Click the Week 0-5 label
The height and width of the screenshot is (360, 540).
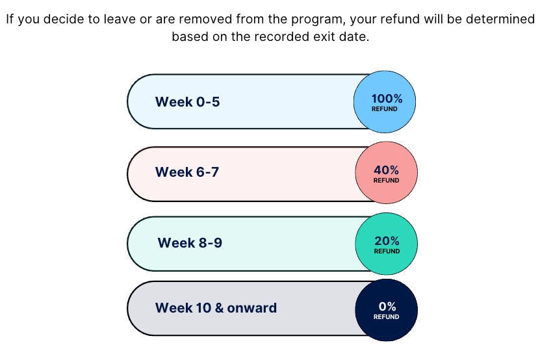click(x=187, y=102)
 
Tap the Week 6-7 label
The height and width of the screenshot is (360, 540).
click(x=187, y=172)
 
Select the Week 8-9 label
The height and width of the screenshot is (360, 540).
click(x=190, y=243)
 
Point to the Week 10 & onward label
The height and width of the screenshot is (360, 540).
click(x=216, y=308)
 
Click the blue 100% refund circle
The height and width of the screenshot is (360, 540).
click(x=384, y=102)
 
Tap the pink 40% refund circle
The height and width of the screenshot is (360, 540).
click(x=387, y=173)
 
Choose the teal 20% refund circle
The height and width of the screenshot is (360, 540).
click(x=387, y=244)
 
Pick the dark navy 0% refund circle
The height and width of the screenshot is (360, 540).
click(x=387, y=310)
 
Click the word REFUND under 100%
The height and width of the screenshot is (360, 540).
click(x=384, y=109)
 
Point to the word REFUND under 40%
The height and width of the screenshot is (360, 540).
click(x=387, y=180)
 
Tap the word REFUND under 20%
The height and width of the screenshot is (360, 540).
click(x=387, y=251)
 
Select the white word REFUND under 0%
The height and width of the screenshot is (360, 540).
click(x=387, y=316)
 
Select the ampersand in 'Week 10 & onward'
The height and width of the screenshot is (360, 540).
click(x=219, y=308)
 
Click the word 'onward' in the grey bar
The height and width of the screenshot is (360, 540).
click(x=251, y=308)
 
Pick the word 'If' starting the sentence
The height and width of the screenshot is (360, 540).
click(x=10, y=19)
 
